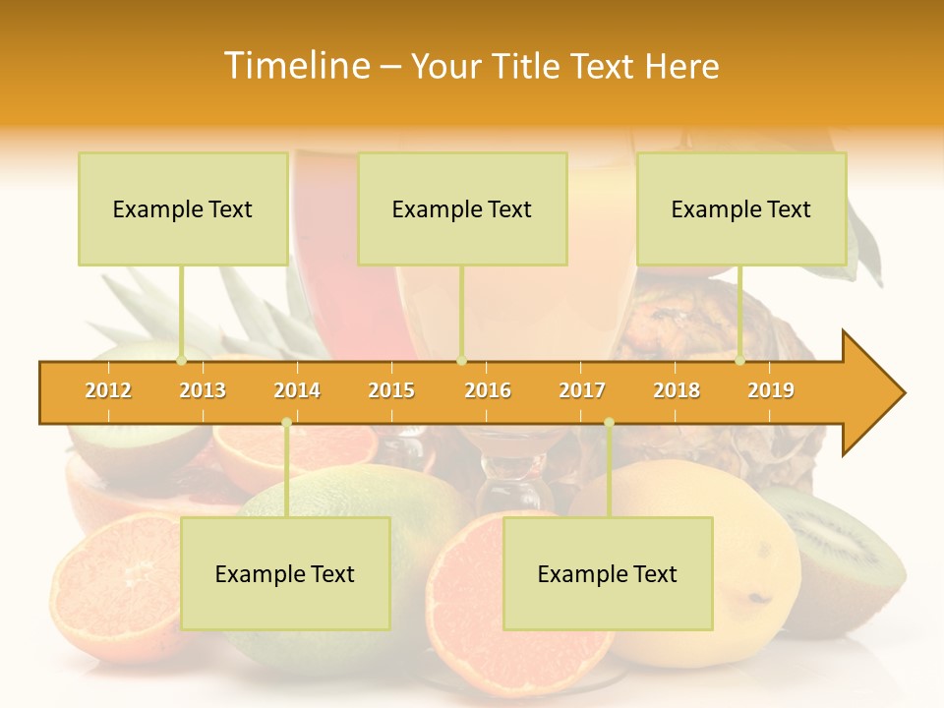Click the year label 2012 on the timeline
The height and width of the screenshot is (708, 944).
[108, 390]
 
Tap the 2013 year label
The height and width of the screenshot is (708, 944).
[203, 390]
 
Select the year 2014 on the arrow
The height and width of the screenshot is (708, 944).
[297, 390]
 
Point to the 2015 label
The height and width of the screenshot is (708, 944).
[391, 390]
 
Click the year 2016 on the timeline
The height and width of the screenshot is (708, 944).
[488, 390]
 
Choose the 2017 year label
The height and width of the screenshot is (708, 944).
[582, 390]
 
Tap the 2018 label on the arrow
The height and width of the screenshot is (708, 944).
[677, 390]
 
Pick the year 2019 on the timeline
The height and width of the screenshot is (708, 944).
[771, 390]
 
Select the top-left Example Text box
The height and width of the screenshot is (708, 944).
[183, 209]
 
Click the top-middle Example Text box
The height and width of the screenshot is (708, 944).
[462, 209]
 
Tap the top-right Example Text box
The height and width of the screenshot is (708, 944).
[741, 209]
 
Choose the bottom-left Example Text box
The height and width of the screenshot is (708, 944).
[285, 574]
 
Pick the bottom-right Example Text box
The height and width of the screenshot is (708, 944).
[608, 574]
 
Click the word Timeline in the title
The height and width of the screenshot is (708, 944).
[295, 66]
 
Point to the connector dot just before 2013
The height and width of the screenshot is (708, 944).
[181, 361]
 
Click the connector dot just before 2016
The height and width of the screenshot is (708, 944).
[462, 361]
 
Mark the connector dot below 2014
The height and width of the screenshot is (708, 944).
[286, 423]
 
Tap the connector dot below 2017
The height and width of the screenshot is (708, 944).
[609, 423]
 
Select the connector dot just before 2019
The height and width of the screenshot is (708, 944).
[740, 361]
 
